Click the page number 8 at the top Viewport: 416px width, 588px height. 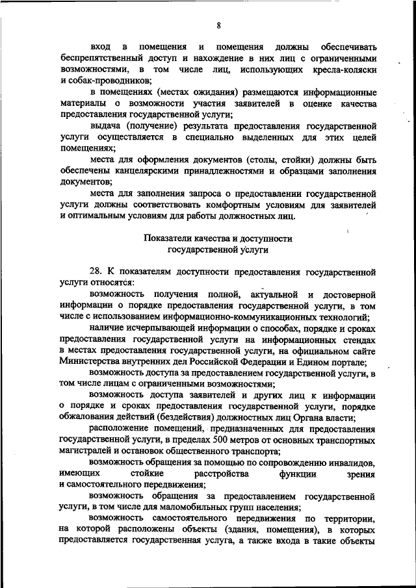219,25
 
